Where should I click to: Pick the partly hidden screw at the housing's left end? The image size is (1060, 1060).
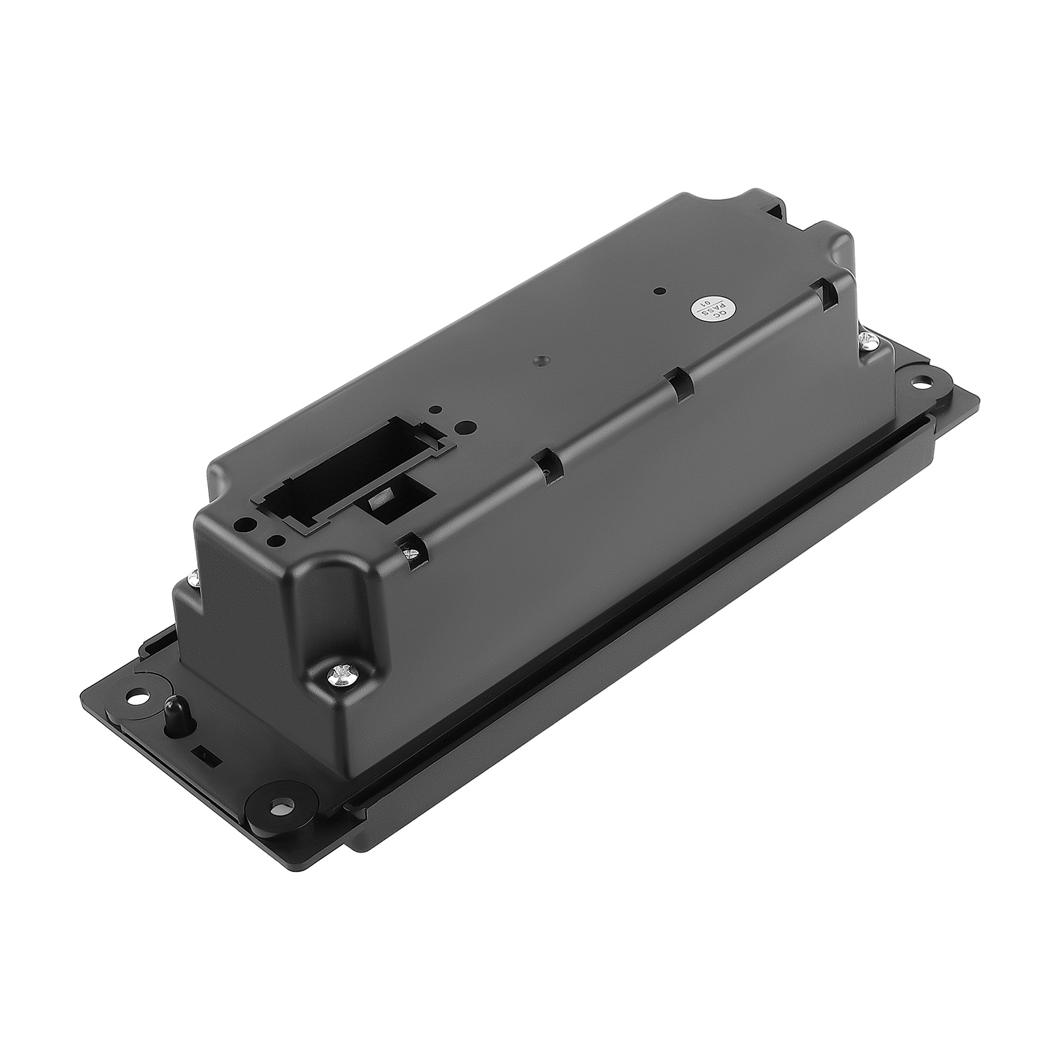click(193, 578)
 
